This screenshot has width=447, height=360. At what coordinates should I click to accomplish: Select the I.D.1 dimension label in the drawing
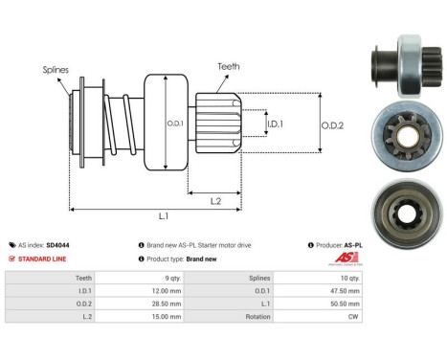click(x=274, y=123)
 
